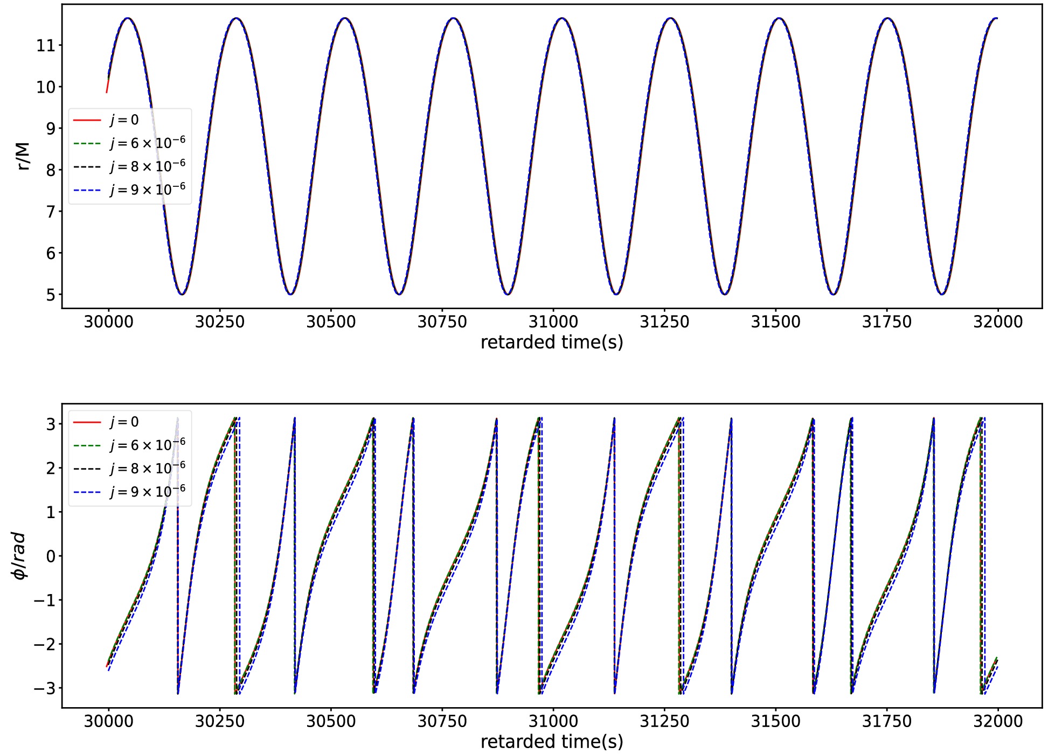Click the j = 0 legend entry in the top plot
pos(124,120)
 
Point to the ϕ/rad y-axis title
pos(19,556)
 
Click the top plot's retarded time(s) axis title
pos(552,343)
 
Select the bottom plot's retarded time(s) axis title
pos(552,742)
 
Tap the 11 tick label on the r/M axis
pos(46,45)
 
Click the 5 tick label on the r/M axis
pos(51,295)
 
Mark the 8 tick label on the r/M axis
pos(51,170)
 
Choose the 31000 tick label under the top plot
pos(553,322)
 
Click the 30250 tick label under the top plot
pos(220,322)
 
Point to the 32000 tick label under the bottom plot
pos(997,721)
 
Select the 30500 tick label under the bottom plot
pos(331,721)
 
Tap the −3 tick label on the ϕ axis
pos(45,688)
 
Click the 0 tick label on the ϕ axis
pos(51,556)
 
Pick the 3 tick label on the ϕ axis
pos(51,424)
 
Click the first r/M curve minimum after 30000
pos(182,294)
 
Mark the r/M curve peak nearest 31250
pos(670,18)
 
